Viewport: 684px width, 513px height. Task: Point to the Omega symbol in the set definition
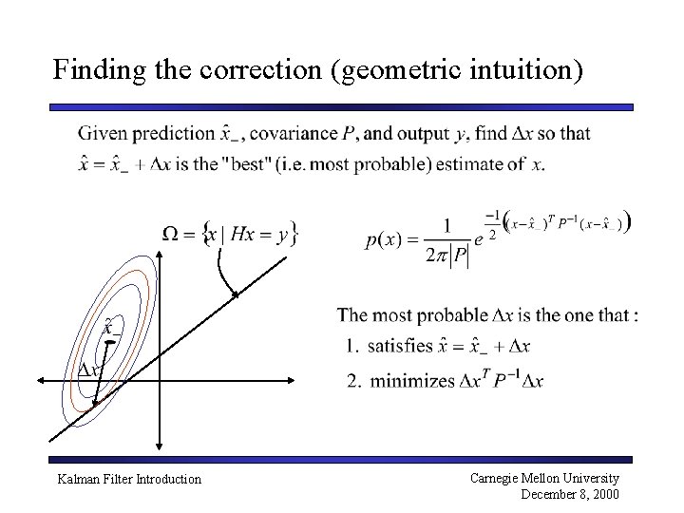(x=172, y=233)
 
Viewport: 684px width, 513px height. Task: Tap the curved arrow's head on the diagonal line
(x=235, y=295)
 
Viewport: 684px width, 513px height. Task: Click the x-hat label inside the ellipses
(x=111, y=326)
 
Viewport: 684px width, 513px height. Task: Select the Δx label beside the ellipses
(x=89, y=370)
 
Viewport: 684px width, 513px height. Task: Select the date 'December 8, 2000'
(x=570, y=493)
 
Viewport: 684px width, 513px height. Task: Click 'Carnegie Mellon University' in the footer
(x=545, y=478)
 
